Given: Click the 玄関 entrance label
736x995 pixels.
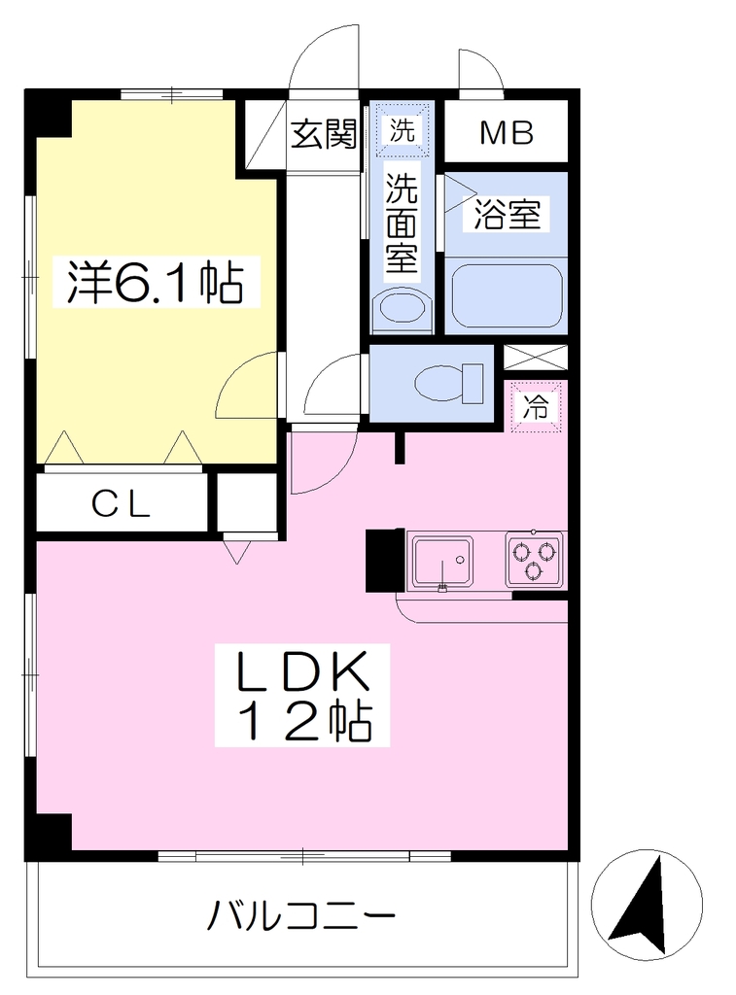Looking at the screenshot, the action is point(324,134).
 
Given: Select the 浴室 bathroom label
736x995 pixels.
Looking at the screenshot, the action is point(507,215).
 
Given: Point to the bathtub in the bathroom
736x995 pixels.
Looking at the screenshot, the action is point(507,295).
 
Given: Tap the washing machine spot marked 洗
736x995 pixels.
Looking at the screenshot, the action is point(402,130).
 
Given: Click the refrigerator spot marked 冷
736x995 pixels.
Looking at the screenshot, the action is point(536,406).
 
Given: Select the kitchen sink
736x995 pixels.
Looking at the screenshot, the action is point(442,563).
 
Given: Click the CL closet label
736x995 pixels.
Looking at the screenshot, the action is point(121,505).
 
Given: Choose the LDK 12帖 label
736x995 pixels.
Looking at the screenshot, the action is point(302,696).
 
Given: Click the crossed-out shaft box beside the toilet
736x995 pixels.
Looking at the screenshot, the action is point(536,358).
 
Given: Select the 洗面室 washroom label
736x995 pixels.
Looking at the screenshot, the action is point(402,223).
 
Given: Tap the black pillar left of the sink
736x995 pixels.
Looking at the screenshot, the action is point(385,560).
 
